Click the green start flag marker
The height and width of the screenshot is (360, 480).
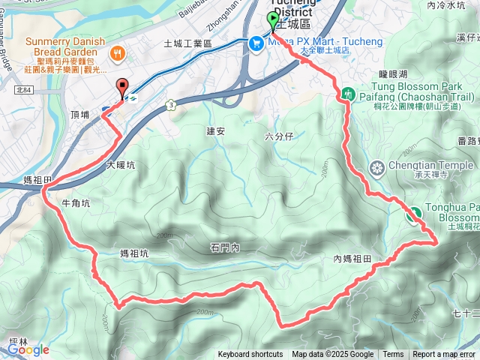point(272,21)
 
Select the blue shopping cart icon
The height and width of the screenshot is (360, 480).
point(255,43)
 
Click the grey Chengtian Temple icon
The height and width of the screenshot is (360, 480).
point(377,166)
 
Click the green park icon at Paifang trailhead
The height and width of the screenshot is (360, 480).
point(348,94)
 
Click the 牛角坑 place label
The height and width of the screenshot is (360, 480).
point(75,203)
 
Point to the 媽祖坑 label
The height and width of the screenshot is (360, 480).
point(134,253)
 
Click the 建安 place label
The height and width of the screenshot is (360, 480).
point(216,131)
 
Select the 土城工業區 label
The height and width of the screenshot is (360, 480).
point(188,44)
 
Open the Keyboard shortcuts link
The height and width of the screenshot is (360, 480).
point(250,355)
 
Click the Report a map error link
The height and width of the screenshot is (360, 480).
point(444,355)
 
